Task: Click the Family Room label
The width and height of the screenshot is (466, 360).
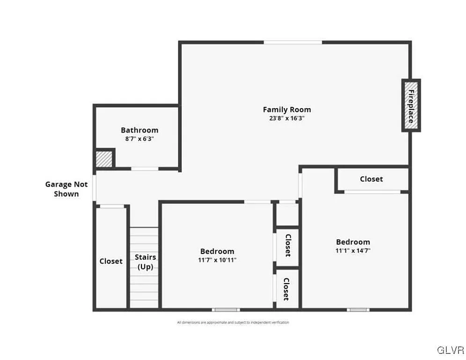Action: (x=287, y=110)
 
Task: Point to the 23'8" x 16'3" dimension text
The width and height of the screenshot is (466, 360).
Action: (x=287, y=118)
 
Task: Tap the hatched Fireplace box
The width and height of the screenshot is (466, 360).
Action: (x=411, y=105)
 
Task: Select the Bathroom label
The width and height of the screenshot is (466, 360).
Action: (x=140, y=130)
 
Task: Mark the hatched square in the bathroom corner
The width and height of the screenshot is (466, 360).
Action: (x=104, y=159)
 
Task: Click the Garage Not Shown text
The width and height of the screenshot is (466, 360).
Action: (x=66, y=189)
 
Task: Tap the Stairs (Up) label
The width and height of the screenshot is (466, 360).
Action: (x=145, y=262)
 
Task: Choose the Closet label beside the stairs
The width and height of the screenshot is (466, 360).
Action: (x=111, y=261)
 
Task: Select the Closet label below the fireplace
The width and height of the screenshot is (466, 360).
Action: (x=371, y=179)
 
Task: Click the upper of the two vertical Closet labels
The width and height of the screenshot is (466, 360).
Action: (x=288, y=245)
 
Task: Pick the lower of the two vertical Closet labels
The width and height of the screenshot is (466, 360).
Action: (x=286, y=289)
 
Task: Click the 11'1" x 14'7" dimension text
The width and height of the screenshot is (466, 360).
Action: (x=353, y=250)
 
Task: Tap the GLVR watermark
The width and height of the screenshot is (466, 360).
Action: (x=450, y=350)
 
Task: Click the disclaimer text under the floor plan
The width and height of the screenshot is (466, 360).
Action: (x=233, y=322)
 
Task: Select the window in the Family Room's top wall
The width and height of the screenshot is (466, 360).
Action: (x=293, y=43)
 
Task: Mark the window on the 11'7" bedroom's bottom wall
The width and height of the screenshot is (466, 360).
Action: (x=226, y=309)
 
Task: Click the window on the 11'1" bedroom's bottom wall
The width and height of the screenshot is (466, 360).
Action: (x=358, y=309)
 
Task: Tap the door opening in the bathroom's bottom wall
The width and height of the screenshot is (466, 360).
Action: (x=144, y=169)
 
